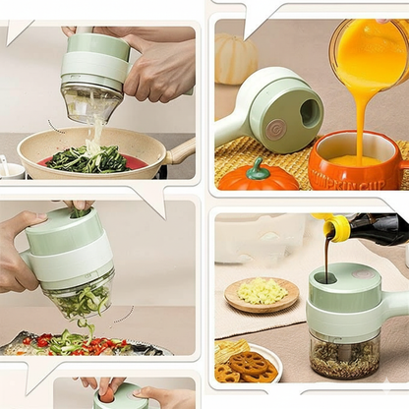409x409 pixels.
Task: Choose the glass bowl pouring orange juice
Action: [369, 54]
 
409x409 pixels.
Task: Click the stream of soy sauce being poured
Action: [326, 258]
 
